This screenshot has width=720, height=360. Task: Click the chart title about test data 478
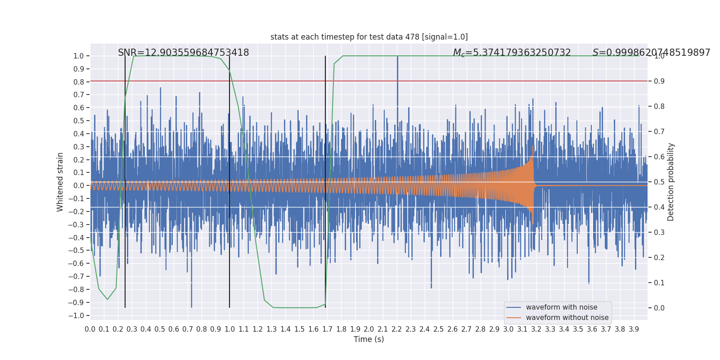tap(369, 37)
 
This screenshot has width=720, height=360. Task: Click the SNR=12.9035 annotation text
tap(183, 53)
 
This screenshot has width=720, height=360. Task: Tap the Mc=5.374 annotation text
tap(512, 53)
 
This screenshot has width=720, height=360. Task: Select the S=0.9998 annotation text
tap(651, 53)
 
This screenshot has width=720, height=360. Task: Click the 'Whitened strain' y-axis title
tap(60, 182)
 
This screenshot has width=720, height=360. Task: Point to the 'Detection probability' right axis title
tap(671, 182)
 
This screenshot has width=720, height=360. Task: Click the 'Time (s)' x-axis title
tap(369, 339)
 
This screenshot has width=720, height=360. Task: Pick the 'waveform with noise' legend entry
tap(561, 307)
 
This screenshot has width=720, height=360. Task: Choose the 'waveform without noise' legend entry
tap(567, 318)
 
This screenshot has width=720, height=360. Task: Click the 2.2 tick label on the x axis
tap(397, 329)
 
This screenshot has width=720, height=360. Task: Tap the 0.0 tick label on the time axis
tap(90, 329)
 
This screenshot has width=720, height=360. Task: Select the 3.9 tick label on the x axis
tap(634, 329)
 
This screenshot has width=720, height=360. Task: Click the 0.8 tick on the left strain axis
tap(78, 82)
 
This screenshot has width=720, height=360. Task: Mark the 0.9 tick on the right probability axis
tap(659, 81)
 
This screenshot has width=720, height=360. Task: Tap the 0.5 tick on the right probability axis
tap(659, 182)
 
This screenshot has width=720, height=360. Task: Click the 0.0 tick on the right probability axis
tap(659, 308)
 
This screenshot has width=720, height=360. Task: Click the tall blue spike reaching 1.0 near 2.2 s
tap(397, 72)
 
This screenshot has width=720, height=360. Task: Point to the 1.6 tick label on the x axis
tap(313, 329)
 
